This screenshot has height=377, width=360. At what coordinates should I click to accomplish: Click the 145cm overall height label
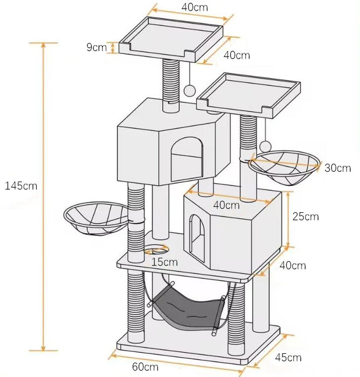click(x=21, y=186)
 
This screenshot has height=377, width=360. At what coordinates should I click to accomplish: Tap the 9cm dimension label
click(x=96, y=47)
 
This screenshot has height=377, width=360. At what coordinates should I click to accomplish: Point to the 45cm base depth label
click(x=287, y=357)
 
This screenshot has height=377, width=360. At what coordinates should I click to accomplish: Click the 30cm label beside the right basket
click(x=337, y=168)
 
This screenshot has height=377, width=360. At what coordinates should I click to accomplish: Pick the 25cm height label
click(x=305, y=217)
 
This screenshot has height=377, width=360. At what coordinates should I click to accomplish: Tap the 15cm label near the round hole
click(x=164, y=262)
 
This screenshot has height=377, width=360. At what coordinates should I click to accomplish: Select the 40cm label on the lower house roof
click(x=226, y=205)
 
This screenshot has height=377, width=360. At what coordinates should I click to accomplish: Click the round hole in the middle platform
click(x=157, y=250)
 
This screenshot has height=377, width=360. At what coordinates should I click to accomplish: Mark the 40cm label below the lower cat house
click(x=293, y=265)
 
